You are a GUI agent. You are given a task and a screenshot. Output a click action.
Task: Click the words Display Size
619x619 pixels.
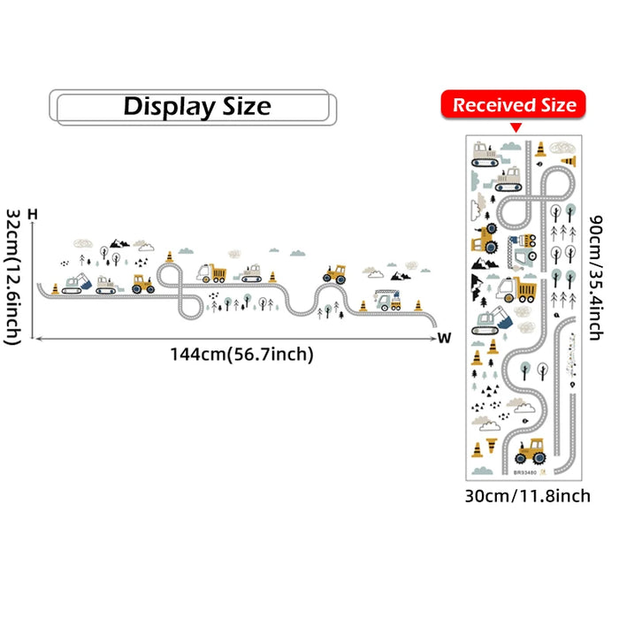(196, 107)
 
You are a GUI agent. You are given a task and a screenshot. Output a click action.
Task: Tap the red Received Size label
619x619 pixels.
(514, 105)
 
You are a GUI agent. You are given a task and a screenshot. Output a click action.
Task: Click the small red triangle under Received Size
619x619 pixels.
(514, 128)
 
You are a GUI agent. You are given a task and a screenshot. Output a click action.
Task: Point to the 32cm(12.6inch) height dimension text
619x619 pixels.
(13, 275)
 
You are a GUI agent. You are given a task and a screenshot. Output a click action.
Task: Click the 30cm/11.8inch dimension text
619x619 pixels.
(527, 496)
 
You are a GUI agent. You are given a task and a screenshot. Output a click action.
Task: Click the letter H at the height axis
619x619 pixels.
(33, 215)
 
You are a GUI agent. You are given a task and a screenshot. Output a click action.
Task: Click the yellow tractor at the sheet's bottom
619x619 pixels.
(531, 452)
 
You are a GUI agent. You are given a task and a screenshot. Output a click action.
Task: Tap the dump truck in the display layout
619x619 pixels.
(213, 273)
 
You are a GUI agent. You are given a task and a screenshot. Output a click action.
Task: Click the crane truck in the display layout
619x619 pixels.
(386, 300)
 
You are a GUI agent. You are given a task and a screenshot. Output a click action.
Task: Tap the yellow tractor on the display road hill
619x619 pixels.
(334, 272)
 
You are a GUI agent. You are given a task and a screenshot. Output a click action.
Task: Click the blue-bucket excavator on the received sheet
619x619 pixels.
(493, 319)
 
